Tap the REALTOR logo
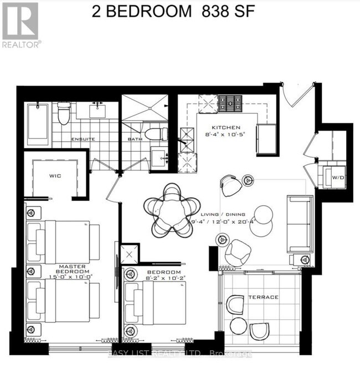[x=20, y=25]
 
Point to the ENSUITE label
[x=83, y=139]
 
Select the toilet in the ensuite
[x=64, y=113]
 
